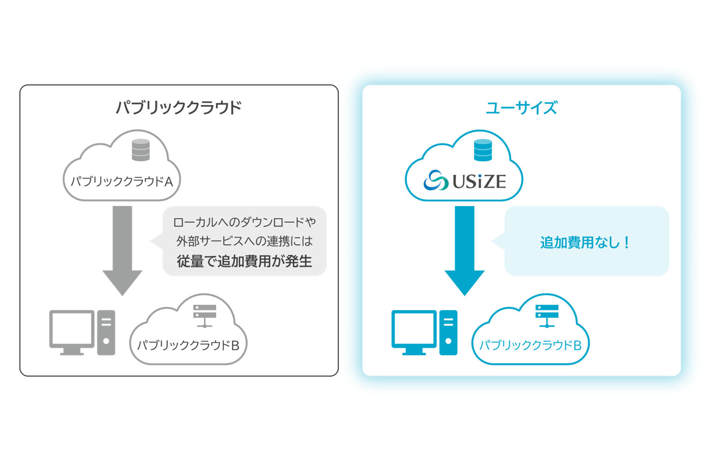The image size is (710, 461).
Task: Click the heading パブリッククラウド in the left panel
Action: (x=178, y=107)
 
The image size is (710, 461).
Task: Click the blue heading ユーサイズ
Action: (x=521, y=107)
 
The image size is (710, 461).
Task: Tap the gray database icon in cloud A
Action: (x=141, y=150)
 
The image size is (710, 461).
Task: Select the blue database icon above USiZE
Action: (x=483, y=150)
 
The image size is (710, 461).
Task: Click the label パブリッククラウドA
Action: (x=122, y=181)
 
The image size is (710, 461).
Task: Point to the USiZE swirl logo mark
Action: (x=436, y=180)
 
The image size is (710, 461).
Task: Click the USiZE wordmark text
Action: (x=479, y=181)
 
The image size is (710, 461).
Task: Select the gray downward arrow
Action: (x=122, y=249)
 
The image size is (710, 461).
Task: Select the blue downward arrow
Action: (x=464, y=249)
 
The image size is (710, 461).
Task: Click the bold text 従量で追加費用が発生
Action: (x=244, y=261)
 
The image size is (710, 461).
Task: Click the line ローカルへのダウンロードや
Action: (x=244, y=222)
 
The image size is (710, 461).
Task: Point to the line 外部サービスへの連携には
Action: (x=244, y=241)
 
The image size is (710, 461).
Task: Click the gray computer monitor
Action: (x=72, y=331)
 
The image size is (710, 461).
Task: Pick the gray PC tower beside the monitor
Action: (x=106, y=332)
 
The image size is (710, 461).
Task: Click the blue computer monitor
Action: (x=414, y=331)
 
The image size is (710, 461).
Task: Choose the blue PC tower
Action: (x=448, y=332)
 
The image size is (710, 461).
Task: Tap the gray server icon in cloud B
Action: (x=205, y=315)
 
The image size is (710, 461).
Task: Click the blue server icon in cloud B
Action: (x=547, y=315)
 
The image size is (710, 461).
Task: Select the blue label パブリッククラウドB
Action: (x=530, y=345)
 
